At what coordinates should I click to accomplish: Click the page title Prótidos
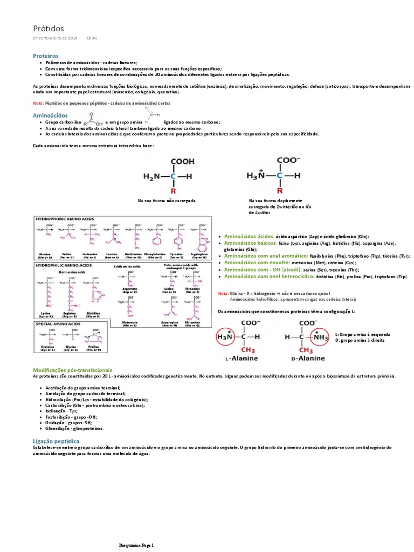tap(48, 28)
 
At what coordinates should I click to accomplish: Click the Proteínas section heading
tap(45, 56)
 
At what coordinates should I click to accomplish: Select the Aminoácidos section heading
tap(50, 115)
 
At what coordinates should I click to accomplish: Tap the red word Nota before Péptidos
tap(38, 102)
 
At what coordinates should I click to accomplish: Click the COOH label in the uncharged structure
tap(183, 161)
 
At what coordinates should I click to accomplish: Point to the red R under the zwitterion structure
tap(280, 190)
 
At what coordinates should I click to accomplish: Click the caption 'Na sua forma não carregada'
tap(166, 200)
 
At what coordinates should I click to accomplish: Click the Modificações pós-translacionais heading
tap(73, 370)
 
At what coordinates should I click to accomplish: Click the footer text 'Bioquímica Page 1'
tap(136, 546)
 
